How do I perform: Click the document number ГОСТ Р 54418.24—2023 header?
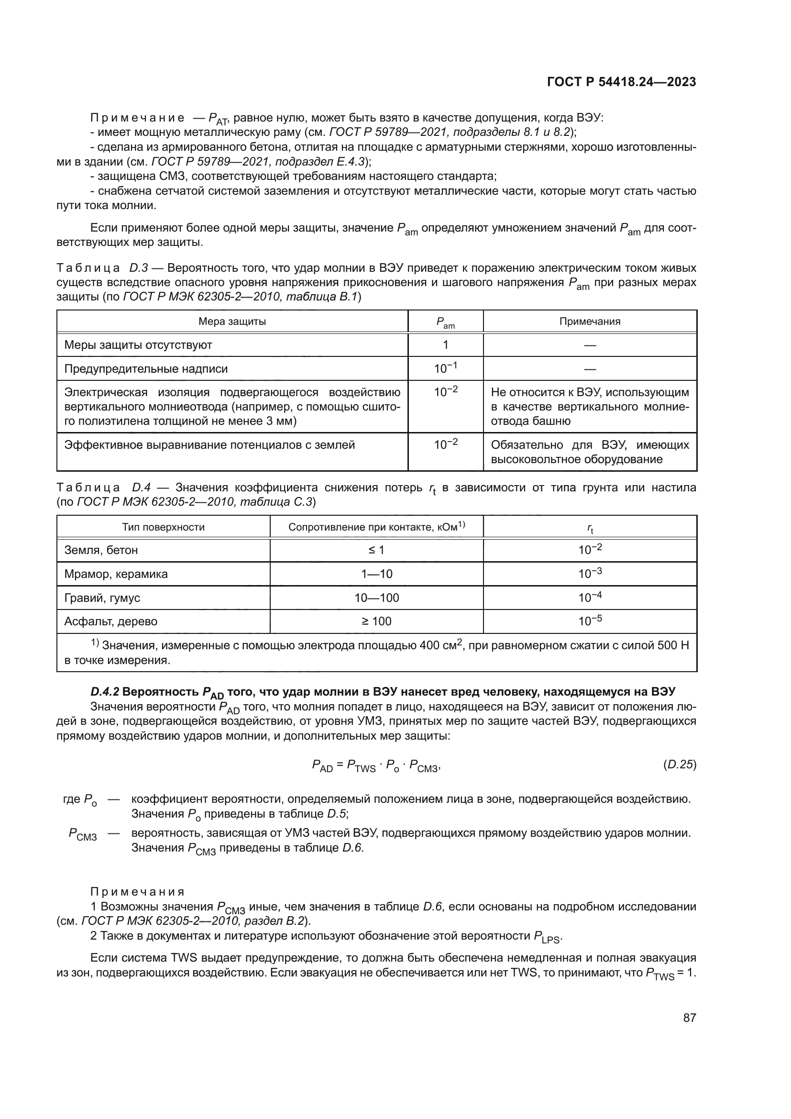pos(621,82)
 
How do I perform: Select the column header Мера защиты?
pos(232,321)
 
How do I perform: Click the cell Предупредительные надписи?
pos(146,368)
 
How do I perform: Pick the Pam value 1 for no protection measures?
pos(445,345)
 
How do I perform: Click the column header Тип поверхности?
pos(163,527)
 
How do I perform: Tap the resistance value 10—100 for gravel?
pos(376,598)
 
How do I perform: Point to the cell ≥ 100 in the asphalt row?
pos(376,621)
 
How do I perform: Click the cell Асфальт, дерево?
pos(111,621)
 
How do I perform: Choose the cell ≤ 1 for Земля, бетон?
pos(376,550)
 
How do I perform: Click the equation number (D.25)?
pos(680,764)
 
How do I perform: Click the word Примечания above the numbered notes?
pos(137,892)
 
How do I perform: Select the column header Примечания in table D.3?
pos(589,321)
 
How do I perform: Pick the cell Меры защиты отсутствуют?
pos(138,345)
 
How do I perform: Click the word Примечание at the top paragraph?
pos(137,118)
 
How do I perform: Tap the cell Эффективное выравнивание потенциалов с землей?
pos(209,445)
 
